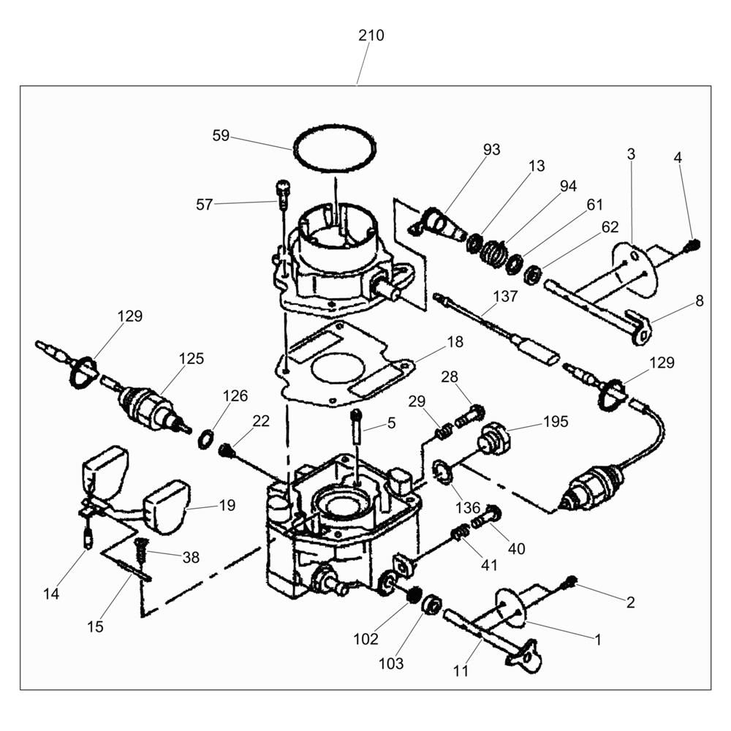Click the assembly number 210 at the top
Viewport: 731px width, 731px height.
(371, 35)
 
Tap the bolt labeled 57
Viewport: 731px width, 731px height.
(283, 192)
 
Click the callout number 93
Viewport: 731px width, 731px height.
(492, 149)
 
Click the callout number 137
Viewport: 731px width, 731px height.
(505, 296)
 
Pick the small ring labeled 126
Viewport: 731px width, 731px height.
(207, 439)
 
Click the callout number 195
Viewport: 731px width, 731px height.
(555, 423)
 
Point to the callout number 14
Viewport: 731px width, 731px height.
(50, 594)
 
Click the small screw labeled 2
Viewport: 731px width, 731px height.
(571, 582)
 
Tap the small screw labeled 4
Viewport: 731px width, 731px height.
(694, 245)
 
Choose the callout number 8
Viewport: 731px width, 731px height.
(700, 300)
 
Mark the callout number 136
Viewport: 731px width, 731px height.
(468, 507)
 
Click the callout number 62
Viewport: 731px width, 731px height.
(610, 227)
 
